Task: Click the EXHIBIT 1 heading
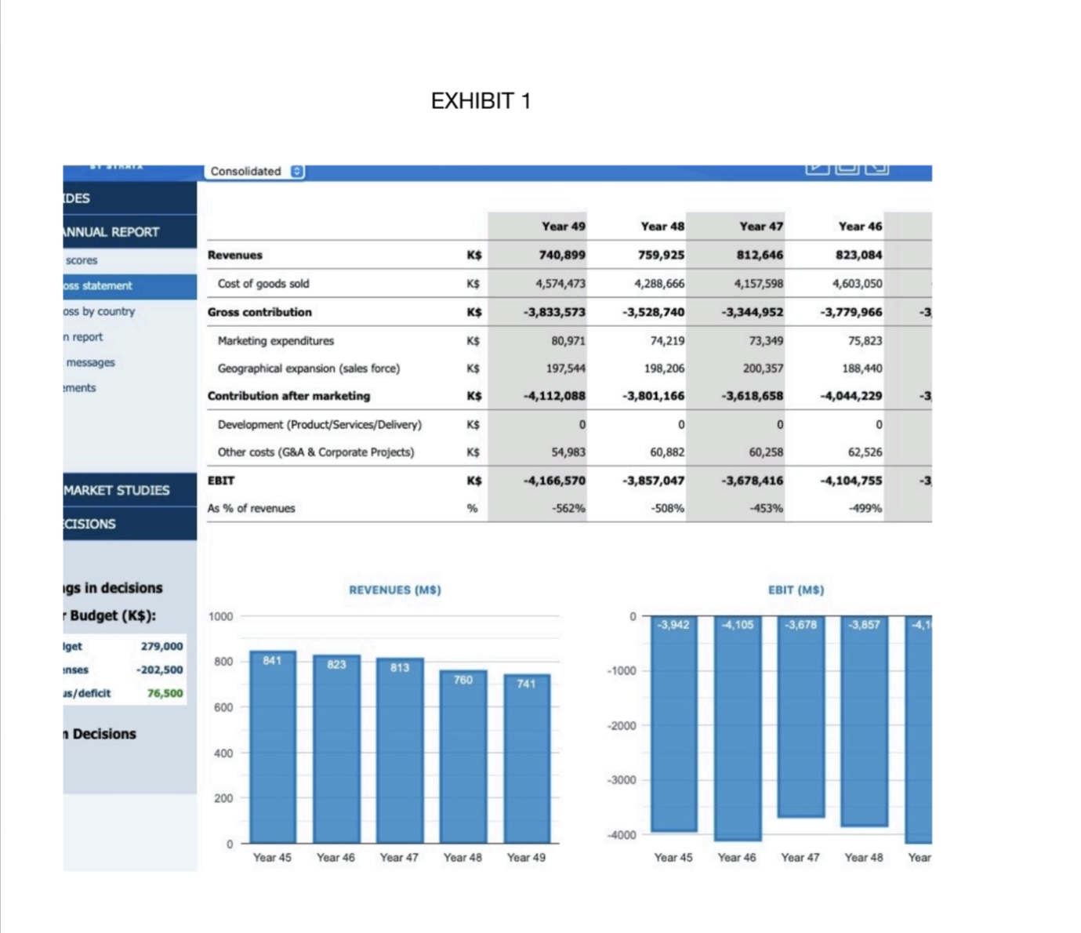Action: [x=481, y=101]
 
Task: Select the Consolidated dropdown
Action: [x=256, y=171]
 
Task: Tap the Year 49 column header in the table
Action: [x=562, y=227]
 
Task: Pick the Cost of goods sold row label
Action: [x=263, y=284]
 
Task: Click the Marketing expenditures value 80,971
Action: [x=568, y=341]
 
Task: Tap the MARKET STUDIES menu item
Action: [x=117, y=490]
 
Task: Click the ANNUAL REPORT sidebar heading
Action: [x=111, y=232]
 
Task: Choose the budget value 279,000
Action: [x=161, y=646]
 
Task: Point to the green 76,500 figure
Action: [x=165, y=693]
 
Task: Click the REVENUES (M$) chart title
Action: [x=395, y=590]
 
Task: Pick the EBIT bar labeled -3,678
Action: [x=800, y=717]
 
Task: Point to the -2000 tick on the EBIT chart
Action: [x=621, y=726]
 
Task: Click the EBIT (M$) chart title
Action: [x=796, y=590]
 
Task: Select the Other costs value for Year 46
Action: [x=865, y=452]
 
